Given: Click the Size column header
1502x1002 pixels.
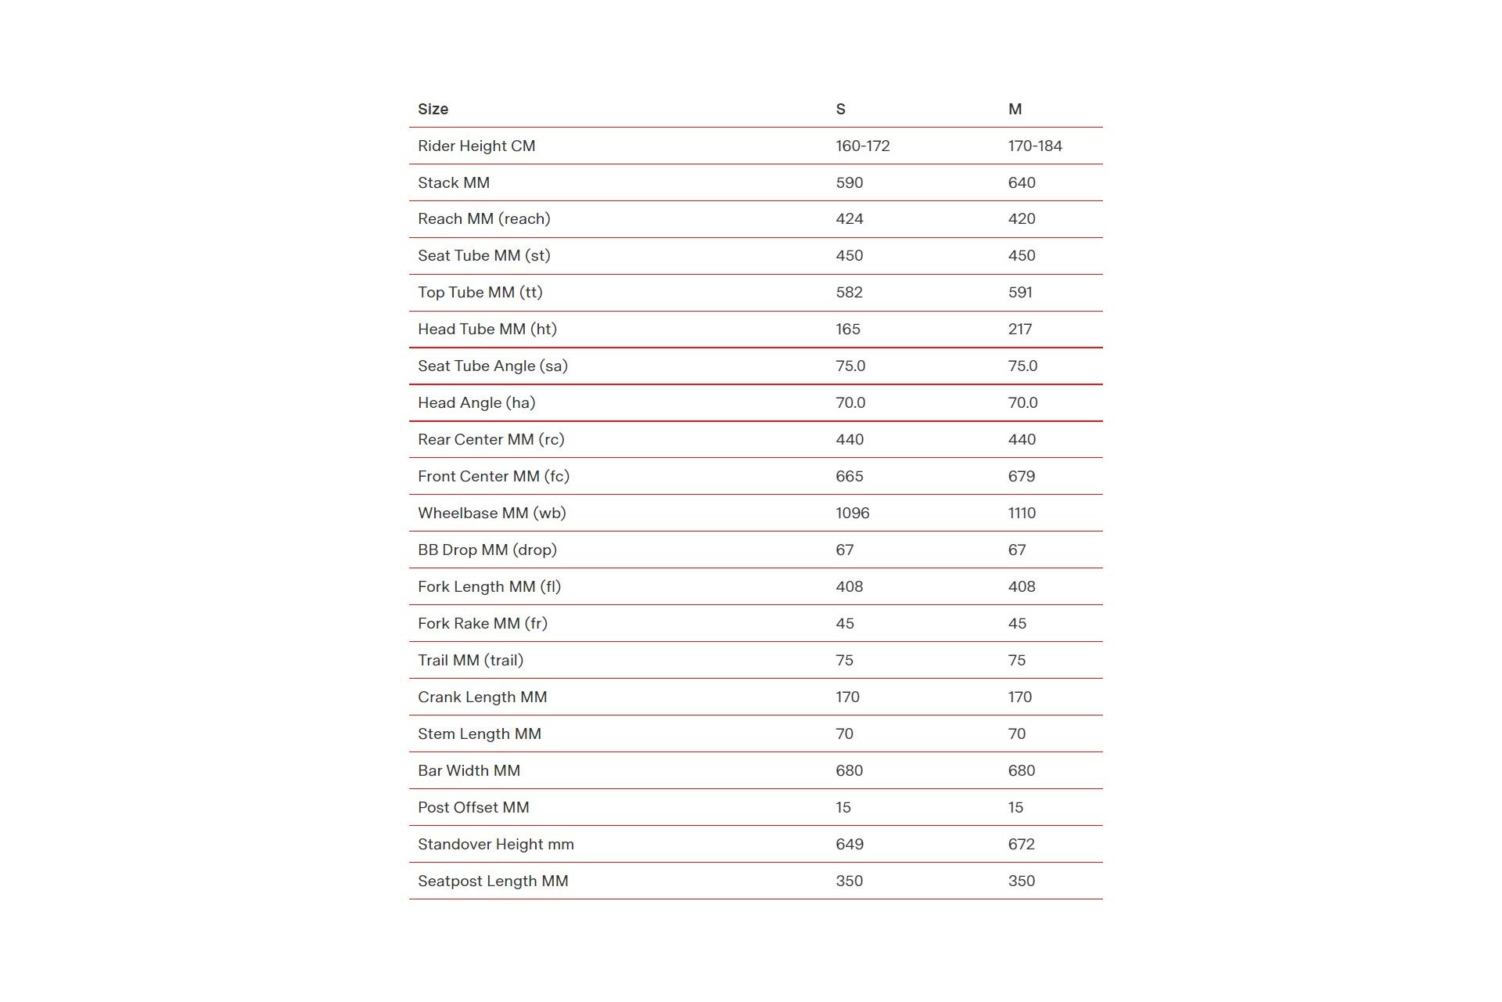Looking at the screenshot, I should pos(433,109).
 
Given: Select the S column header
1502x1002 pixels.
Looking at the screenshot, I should pos(840,109).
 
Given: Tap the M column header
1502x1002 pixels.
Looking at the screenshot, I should pos(1015,109).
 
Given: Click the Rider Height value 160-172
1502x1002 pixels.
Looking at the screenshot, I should pos(862,146).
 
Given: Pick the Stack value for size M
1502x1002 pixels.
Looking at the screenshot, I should pos(1021,182).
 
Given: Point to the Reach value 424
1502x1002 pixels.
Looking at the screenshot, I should pos(849,218).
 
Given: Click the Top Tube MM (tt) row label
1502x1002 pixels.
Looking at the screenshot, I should pos(480,292).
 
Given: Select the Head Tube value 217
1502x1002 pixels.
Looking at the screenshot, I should pos(1019,329).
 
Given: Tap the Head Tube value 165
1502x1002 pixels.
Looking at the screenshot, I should pos(847,329).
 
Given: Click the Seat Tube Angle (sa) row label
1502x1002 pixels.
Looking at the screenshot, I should pos(492,366).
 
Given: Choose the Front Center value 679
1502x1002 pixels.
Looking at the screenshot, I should pos(1021,476).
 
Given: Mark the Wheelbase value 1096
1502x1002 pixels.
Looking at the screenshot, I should pos(852,513).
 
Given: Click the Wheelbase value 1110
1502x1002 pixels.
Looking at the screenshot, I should pos(1022,513).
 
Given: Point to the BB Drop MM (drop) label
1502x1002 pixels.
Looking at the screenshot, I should pos(487,550).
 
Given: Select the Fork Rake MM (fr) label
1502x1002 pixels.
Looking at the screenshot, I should pos(482,623).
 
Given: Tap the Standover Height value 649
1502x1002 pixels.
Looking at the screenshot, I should pos(849,844).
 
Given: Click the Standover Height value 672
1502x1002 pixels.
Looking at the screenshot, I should pos(1021,844).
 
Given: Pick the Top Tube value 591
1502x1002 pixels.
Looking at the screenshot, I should pos(1019,292).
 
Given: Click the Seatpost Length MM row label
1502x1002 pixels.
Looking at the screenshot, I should pos(493,881).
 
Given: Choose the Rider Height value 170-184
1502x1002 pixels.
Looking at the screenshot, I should pos(1034,146).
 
